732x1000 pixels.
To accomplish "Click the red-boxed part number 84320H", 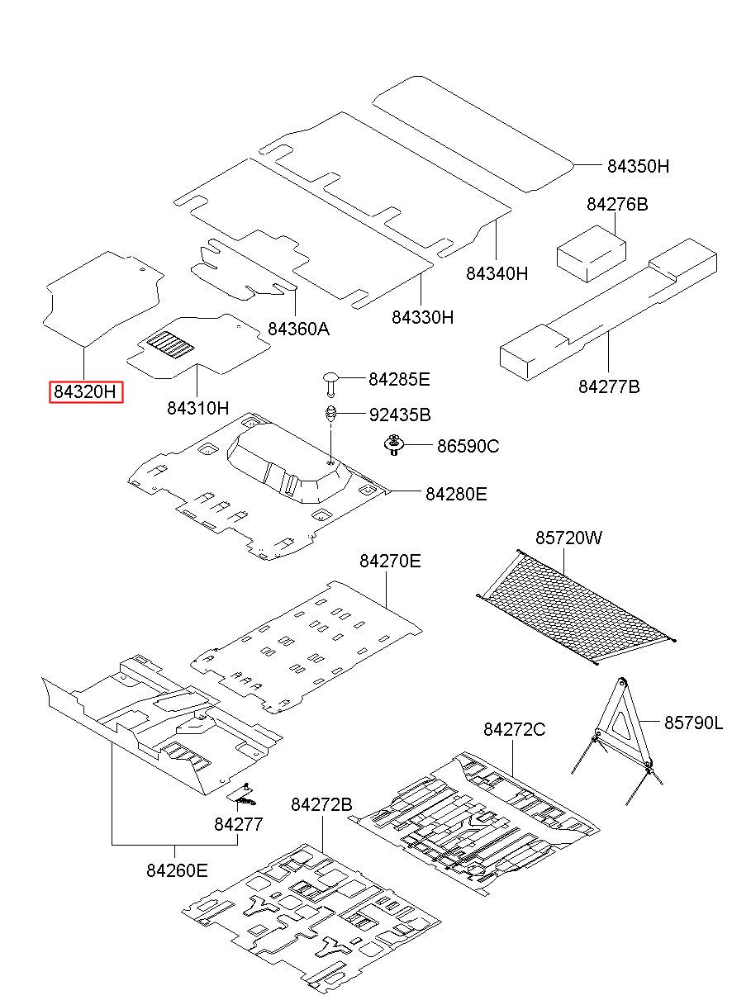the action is point(85,392).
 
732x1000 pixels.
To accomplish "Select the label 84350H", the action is point(638,167).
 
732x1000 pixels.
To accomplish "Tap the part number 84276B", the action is point(617,205).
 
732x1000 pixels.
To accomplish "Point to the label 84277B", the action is point(609,386).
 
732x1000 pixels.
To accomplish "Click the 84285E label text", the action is point(399,380).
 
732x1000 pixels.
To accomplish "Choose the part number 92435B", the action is point(400,415).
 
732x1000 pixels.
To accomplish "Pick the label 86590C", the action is point(468,447).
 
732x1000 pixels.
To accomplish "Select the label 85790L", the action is point(693,723).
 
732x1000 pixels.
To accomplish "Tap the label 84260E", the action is point(178,870).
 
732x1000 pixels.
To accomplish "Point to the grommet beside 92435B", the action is point(330,413).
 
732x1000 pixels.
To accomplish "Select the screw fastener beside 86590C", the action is point(394,444).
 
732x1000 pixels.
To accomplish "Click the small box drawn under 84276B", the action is point(592,254).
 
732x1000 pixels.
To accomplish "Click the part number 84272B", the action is point(322,804).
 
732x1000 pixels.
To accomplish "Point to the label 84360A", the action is point(298,329).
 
